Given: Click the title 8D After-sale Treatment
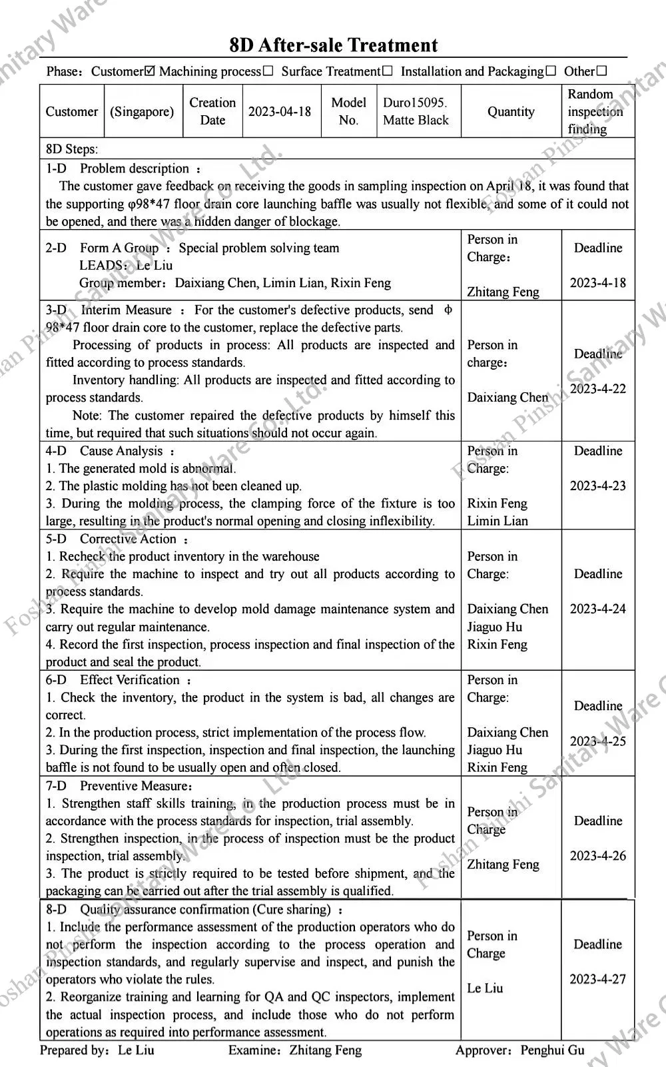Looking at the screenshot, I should click(333, 45).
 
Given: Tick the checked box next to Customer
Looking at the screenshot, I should click(150, 71).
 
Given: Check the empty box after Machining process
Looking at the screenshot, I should click(268, 71).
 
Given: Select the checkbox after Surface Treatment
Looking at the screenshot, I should click(387, 71).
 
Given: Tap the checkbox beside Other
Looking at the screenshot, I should click(601, 71).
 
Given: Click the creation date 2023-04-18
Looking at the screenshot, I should click(280, 111).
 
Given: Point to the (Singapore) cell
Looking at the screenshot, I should click(142, 111).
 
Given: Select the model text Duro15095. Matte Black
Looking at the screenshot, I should click(416, 111).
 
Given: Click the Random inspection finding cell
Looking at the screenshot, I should click(595, 111).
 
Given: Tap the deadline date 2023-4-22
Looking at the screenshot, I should click(598, 389).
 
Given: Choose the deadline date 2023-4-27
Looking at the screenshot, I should click(598, 979).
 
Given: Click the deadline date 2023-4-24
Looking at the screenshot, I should click(598, 609).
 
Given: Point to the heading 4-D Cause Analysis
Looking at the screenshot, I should click(110, 451).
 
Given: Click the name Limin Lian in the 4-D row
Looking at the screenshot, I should click(497, 521).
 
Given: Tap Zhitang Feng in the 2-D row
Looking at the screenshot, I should click(503, 292).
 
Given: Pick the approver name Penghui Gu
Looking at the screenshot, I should click(553, 1050).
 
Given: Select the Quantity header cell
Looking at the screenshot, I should click(511, 111).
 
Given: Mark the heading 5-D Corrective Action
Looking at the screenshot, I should click(117, 539).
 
